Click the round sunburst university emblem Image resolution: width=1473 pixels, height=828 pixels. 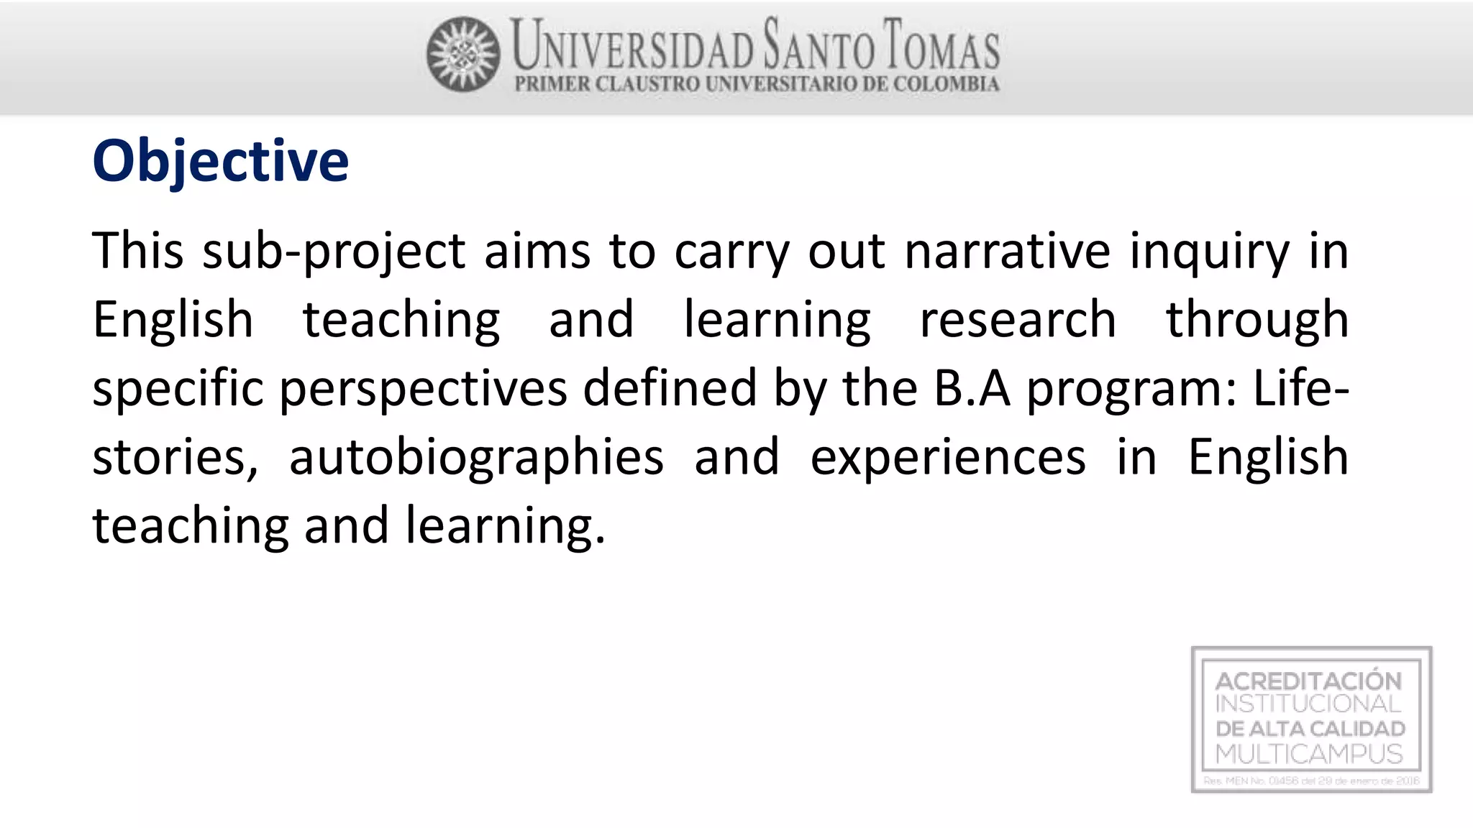pos(463,55)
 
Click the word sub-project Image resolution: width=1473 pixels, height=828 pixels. pos(334,252)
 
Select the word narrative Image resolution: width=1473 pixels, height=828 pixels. pos(1007,252)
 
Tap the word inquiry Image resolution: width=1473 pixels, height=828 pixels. pos(1210,252)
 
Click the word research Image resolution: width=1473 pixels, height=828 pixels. pos(1018,321)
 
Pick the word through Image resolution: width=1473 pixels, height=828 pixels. pos(1257,321)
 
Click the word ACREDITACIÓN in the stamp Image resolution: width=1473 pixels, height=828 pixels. pos(1308,681)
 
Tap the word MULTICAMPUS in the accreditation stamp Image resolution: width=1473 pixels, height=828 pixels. pos(1309,754)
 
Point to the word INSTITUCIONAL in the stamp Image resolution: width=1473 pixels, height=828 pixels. pos(1308,704)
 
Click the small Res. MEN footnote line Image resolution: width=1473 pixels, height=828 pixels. pos(1311,781)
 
